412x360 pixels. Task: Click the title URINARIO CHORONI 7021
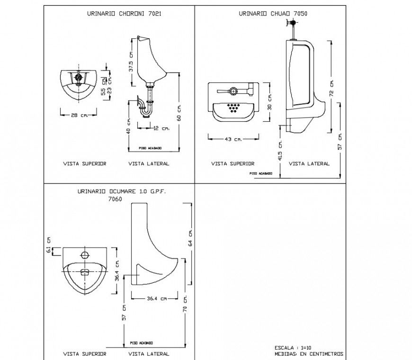pyautogui.click(x=124, y=14)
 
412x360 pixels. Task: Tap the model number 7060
pyautogui.click(x=115, y=199)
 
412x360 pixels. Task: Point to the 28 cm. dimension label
pyautogui.click(x=79, y=115)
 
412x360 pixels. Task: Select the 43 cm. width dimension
pyautogui.click(x=233, y=139)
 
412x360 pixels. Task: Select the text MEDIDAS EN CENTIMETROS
pyautogui.click(x=309, y=354)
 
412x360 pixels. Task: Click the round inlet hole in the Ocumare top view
pyautogui.click(x=85, y=255)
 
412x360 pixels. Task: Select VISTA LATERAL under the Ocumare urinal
pyautogui.click(x=149, y=354)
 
